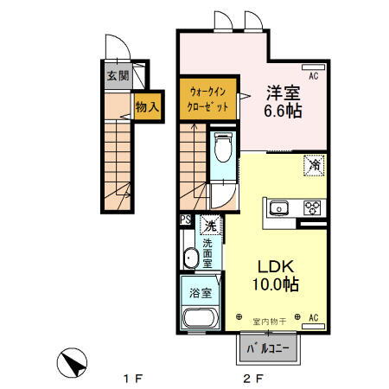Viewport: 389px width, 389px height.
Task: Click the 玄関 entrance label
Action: click(118, 76)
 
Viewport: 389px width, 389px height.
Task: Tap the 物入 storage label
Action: click(146, 106)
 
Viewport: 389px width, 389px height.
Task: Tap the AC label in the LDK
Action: click(313, 317)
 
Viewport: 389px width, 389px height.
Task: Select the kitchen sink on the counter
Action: click(281, 207)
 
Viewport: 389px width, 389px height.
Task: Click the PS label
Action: click(185, 220)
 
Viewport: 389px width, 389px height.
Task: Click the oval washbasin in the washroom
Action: click(190, 257)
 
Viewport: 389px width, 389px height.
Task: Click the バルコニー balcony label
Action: click(268, 348)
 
